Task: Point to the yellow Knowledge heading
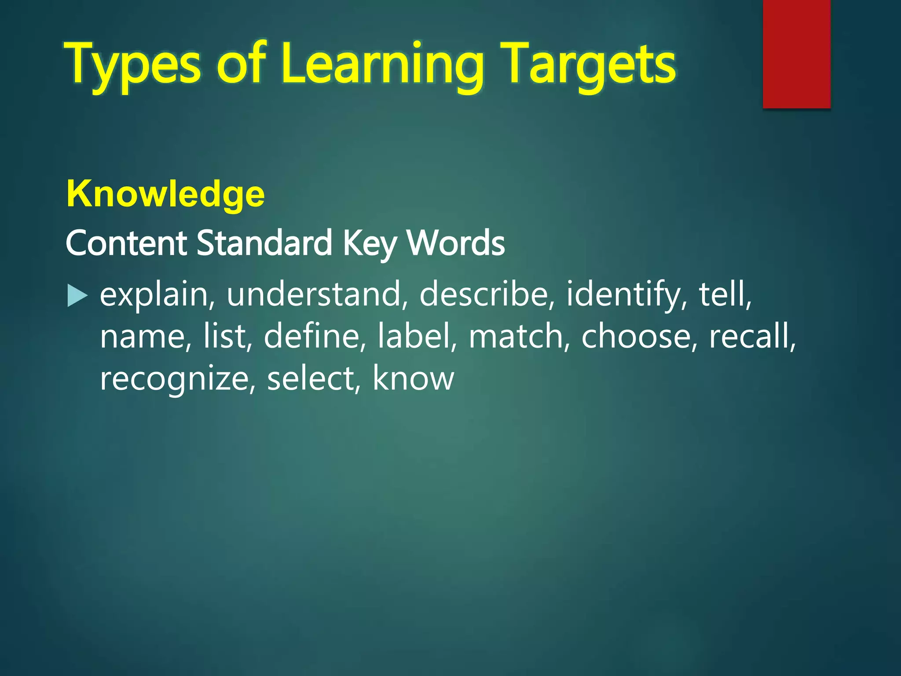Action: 165,194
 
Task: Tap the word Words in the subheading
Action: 456,243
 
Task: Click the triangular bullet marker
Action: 77,296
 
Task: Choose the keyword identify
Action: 623,295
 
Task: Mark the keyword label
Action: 414,336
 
